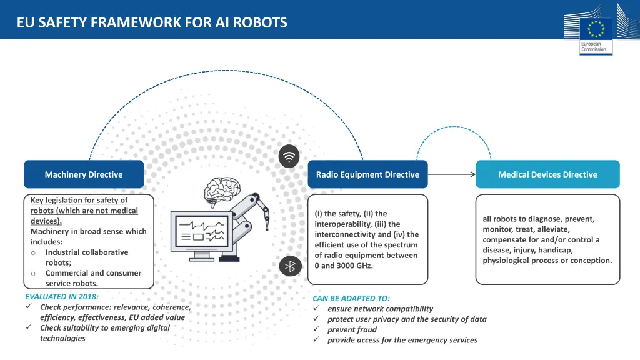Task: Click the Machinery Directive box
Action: coord(84,174)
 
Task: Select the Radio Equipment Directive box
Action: coord(367,174)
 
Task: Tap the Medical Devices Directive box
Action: coord(547,174)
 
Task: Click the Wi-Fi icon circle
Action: coord(289,156)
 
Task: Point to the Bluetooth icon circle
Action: coord(290,266)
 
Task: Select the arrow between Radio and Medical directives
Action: coord(452,174)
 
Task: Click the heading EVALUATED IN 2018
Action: coord(62,297)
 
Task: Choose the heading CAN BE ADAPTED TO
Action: coord(351,298)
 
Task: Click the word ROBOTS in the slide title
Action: coord(260,22)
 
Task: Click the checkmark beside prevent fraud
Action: coord(316,329)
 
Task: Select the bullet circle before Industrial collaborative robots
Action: coord(34,253)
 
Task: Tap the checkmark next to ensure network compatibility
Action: coord(316,308)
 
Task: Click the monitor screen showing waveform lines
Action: coord(202,231)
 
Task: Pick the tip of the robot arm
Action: coord(267,229)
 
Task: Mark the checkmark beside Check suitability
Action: coord(29,327)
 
